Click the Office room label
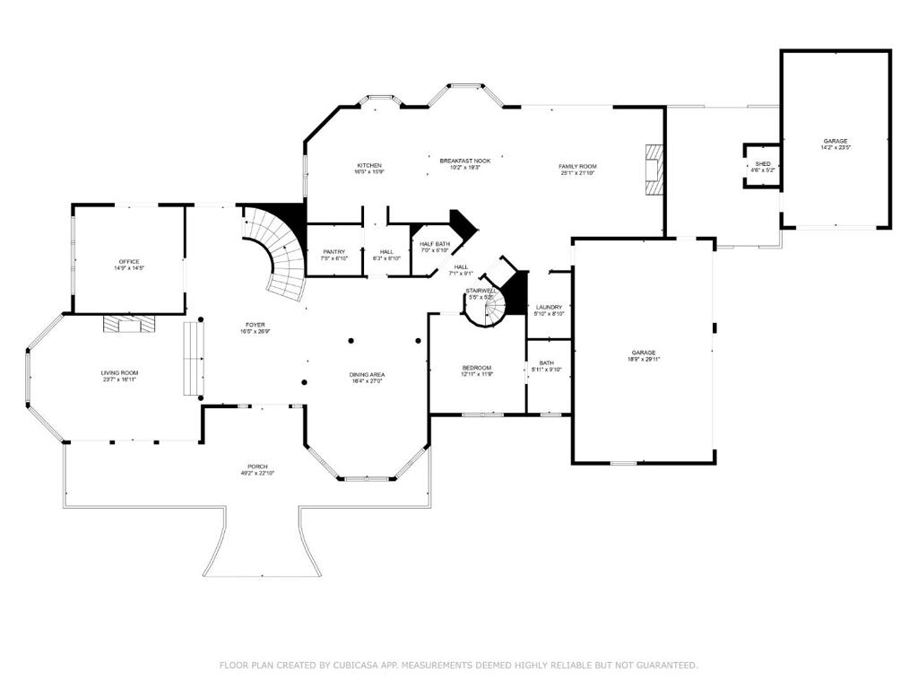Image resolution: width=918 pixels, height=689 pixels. click(128, 261)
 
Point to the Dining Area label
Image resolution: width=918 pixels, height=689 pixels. click(367, 374)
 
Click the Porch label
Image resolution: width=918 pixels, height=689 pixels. click(257, 467)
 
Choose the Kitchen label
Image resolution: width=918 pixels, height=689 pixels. click(369, 165)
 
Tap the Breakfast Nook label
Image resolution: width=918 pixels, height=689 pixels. click(464, 161)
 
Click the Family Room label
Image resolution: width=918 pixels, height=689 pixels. click(577, 166)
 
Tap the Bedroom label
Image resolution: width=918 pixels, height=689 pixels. click(476, 368)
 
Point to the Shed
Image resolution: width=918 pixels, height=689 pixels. click(762, 166)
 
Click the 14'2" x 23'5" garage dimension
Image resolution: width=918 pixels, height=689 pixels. click(836, 148)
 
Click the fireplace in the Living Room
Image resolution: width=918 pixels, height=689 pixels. click(127, 324)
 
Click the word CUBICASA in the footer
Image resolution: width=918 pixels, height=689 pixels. click(353, 665)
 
